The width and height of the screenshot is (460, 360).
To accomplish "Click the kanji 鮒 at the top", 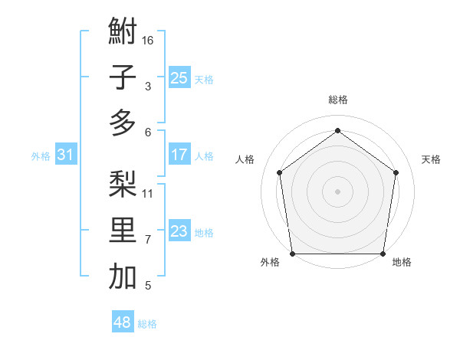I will pos(123,32).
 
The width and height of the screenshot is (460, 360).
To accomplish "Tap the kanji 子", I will pos(123,77).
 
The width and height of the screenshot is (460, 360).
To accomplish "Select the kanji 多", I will pos(123,123).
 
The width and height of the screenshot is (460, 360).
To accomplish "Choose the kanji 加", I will pos(123,277).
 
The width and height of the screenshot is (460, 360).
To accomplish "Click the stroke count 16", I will pos(149,40).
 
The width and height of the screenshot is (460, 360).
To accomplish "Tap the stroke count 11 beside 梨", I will pos(149,193).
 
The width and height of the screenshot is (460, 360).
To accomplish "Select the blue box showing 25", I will pos(179,77).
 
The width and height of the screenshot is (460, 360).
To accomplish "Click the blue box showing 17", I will pos(179,155).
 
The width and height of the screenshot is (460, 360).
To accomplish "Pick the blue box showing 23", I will pos(179,231).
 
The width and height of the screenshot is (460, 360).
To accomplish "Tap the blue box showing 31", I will pos(65,155).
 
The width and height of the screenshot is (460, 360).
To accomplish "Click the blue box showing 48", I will pos(122,322).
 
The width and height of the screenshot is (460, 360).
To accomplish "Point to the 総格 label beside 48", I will pos(148,324).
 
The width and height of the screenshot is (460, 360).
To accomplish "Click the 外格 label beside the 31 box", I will pos(41,156).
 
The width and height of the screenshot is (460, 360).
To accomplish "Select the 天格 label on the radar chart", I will pos(431,159).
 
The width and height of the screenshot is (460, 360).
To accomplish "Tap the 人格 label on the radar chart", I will pos(245,159).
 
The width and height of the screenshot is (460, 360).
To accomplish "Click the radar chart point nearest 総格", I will pos(337,130).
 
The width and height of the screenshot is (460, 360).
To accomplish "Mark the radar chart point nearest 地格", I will pos(383,254).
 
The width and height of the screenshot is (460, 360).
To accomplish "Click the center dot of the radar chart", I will pos(337,191).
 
